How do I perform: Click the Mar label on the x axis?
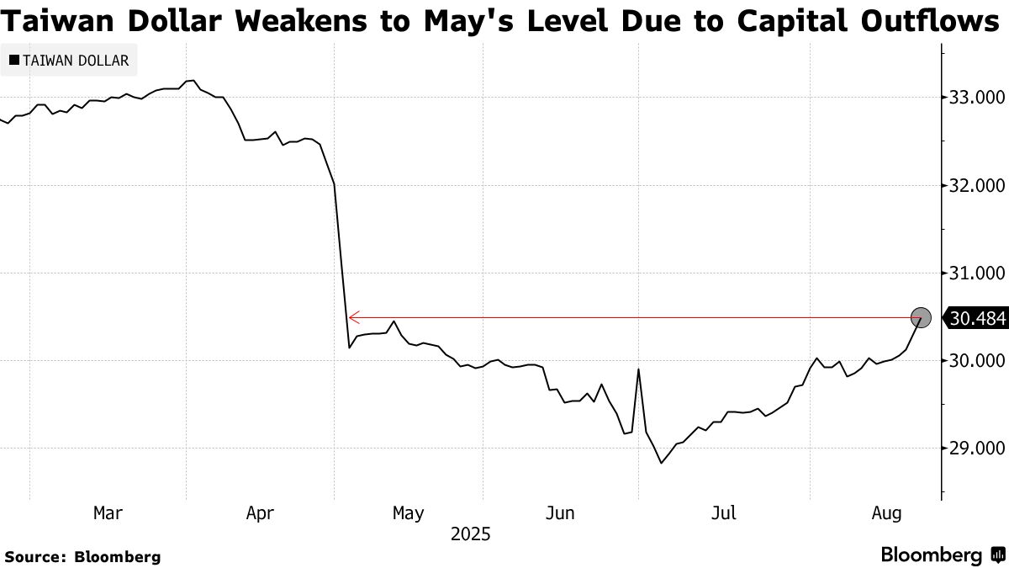pyautogui.click(x=108, y=512)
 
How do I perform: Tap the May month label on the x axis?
pyautogui.click(x=408, y=512)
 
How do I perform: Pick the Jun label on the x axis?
pyautogui.click(x=560, y=512)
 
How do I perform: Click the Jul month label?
pyautogui.click(x=724, y=512)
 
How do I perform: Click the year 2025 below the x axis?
pyautogui.click(x=470, y=534)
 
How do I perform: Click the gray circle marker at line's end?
pyautogui.click(x=922, y=317)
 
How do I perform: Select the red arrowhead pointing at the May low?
pyautogui.click(x=354, y=317)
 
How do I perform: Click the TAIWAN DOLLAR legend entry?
pyautogui.click(x=68, y=61)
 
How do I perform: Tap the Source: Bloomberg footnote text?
pyautogui.click(x=82, y=556)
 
